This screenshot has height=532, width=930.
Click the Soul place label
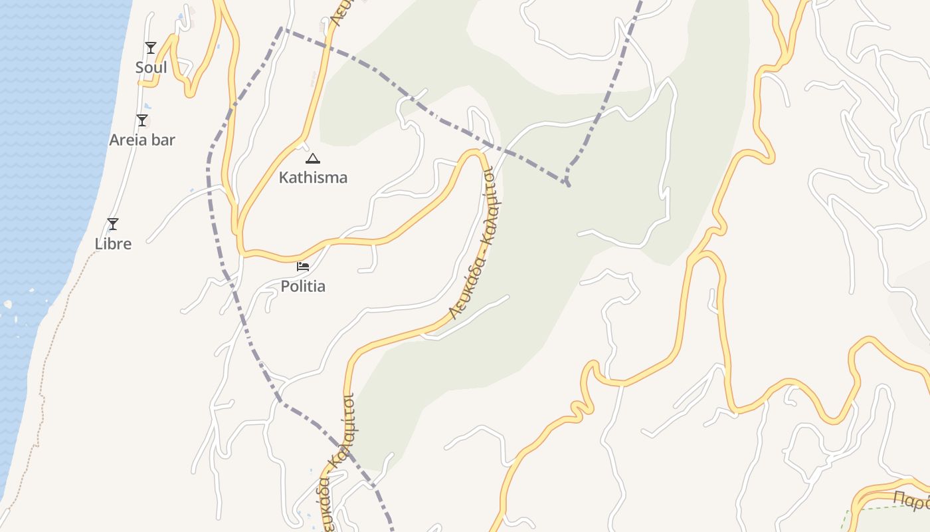[x=151, y=68]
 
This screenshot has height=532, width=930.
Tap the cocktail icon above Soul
[x=151, y=48]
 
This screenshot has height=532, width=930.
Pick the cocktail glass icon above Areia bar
[x=141, y=120]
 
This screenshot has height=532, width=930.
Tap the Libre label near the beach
[x=113, y=244]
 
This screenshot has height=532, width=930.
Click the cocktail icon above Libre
[x=113, y=224]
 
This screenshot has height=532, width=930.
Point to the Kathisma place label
[x=313, y=178]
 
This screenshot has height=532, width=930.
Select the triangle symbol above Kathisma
[x=313, y=158]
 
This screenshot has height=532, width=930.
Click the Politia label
[x=303, y=287]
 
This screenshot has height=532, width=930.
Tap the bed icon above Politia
[x=303, y=267]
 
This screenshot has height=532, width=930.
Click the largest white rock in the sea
[x=7, y=305]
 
